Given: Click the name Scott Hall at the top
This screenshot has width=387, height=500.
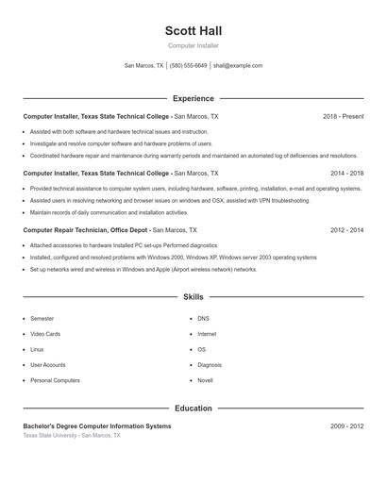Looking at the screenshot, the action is coord(193,30).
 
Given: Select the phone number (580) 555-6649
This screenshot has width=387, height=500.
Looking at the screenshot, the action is coord(189,66).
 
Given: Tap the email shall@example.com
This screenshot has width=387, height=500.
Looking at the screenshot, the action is coord(238,66).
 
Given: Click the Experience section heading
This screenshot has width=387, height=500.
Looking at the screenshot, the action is coord(193,98).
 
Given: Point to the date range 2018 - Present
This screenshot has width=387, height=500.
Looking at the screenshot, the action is coord(343,116).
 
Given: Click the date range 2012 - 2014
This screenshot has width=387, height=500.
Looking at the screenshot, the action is coord(346,230).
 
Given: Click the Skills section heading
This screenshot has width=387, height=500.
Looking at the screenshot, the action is coord(193,296).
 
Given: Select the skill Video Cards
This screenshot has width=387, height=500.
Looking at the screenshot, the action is coord(45,334).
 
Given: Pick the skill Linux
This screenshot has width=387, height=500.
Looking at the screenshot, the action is coord(37,349).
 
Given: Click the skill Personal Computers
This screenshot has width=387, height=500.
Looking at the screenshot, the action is coord(55,379).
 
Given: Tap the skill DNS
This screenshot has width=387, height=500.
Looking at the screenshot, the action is coord(203,319).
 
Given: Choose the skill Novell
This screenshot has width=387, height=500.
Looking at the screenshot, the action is coord(205,379).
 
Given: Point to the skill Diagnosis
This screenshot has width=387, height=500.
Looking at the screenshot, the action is coord(210,364).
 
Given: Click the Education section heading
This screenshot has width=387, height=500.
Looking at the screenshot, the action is coord(193,408).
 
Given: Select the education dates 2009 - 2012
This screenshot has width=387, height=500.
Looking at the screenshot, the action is coord(346,426).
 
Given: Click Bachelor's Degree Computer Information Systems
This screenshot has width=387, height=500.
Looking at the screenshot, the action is coord(97,426).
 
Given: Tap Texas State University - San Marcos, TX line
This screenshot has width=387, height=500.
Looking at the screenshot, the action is coord(72,436).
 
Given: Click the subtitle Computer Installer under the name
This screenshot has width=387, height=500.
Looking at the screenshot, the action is coord(193,45).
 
